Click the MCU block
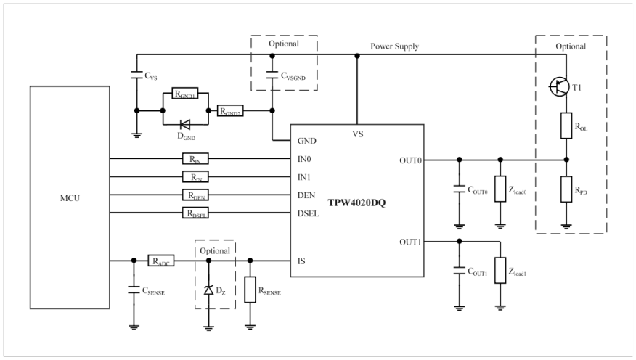pos(68,196)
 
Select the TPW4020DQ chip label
pos(357,202)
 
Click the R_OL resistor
pos(566,125)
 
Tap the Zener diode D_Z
pos(209,290)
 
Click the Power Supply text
pos(395,46)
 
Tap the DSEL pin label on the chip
pos(309,213)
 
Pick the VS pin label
pos(357,134)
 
